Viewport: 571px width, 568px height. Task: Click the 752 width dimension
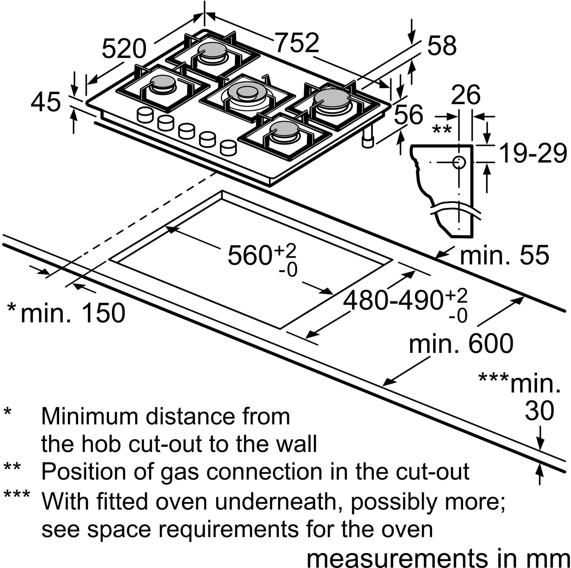(x=297, y=43)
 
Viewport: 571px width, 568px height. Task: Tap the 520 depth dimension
(x=124, y=49)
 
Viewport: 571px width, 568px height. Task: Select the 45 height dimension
(x=46, y=102)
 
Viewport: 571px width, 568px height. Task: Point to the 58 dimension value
(x=442, y=46)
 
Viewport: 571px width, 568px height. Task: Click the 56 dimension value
(x=408, y=114)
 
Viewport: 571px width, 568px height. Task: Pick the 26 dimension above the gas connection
(x=466, y=95)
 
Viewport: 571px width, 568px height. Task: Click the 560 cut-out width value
(x=249, y=255)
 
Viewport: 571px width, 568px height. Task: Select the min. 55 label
(x=504, y=255)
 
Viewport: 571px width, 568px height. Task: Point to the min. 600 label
(x=461, y=344)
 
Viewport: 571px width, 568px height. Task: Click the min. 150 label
(x=72, y=313)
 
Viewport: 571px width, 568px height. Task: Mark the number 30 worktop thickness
(x=539, y=411)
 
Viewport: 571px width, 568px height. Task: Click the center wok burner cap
(x=247, y=91)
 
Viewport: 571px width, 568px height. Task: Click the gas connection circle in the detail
(x=459, y=162)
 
